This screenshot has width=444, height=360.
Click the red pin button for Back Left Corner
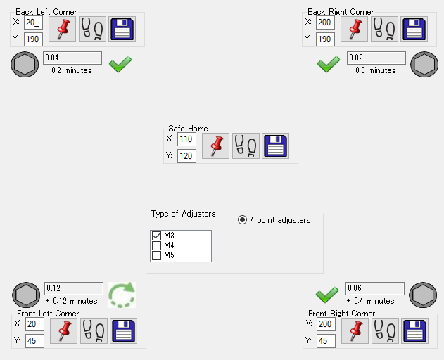coord(62,30)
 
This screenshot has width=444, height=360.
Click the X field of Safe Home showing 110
coord(186,139)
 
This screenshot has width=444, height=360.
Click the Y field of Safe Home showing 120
coord(186,155)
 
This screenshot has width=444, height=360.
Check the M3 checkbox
coord(156,236)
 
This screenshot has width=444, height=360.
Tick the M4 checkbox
coord(156,245)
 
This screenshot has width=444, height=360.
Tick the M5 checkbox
coord(156,255)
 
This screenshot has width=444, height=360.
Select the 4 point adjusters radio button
coord(243,220)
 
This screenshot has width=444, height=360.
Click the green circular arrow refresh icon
coord(121,295)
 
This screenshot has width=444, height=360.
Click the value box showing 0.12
coord(73,288)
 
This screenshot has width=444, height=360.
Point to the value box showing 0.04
coord(72,58)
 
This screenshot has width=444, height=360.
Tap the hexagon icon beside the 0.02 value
coord(424,64)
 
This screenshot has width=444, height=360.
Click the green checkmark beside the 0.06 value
coord(327,294)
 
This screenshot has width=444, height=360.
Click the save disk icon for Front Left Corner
coord(124,330)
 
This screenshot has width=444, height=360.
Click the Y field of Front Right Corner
coord(326,341)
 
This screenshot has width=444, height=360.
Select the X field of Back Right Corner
coord(324,22)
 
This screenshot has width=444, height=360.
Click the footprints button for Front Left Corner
coord(94,330)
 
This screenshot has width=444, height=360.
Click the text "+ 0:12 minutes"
coord(71,301)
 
